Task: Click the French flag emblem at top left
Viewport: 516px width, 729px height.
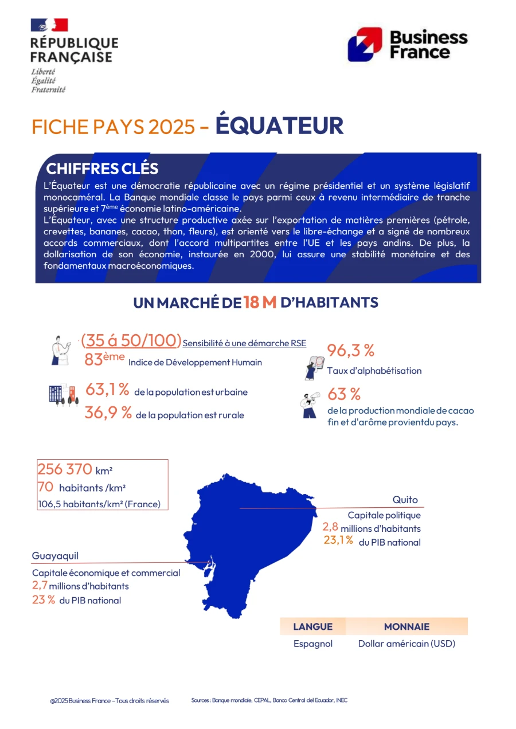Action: click(49, 25)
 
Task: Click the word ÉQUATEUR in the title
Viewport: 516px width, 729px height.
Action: click(279, 126)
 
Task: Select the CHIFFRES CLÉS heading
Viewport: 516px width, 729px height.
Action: click(102, 168)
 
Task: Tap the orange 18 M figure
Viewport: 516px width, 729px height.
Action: click(260, 302)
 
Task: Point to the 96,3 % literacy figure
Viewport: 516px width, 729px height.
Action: click(350, 350)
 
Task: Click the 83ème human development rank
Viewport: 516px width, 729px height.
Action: click(104, 360)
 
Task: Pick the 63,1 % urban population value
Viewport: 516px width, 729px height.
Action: click(107, 390)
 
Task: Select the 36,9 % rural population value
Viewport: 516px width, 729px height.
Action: click(108, 413)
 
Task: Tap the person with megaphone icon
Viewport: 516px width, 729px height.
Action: click(310, 405)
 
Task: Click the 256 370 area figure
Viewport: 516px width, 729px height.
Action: click(65, 469)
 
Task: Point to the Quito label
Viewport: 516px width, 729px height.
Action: click(405, 500)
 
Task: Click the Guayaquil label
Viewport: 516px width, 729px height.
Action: click(55, 556)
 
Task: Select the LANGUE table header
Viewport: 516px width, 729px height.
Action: click(312, 626)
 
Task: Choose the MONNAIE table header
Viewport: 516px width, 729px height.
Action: click(406, 626)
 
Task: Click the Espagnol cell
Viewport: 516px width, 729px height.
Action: click(313, 644)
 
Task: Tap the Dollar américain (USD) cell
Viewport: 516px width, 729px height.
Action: click(406, 644)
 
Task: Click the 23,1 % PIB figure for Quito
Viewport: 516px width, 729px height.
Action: click(338, 540)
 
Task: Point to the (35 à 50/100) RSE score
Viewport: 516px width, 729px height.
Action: click(131, 340)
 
